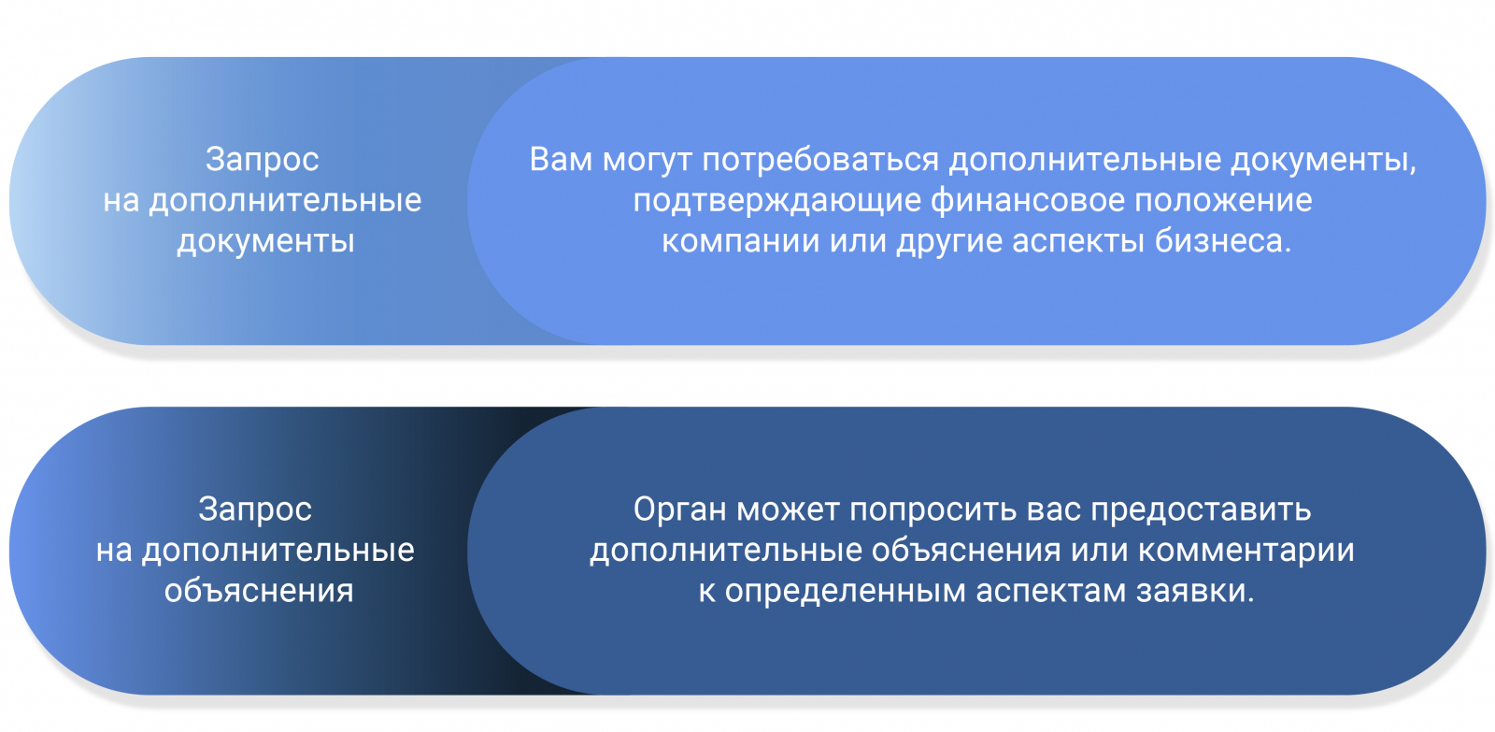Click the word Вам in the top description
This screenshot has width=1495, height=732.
click(x=560, y=160)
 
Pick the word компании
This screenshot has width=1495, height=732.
click(x=741, y=241)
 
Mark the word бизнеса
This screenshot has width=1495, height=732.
click(x=1223, y=240)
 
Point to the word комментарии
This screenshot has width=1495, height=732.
click(x=1246, y=551)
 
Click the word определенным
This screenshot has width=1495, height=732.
click(x=845, y=592)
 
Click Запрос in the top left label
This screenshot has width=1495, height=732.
click(x=263, y=160)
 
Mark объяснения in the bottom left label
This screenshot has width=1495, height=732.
click(x=259, y=592)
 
